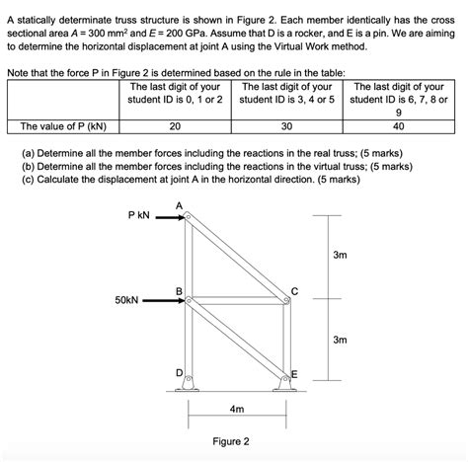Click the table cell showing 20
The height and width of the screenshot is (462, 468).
pyautogui.click(x=174, y=126)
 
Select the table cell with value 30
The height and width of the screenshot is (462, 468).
pyautogui.click(x=286, y=126)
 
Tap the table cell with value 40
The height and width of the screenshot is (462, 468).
pyautogui.click(x=398, y=126)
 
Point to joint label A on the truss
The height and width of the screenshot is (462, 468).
pyautogui.click(x=179, y=204)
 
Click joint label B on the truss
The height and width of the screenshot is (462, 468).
pyautogui.click(x=179, y=290)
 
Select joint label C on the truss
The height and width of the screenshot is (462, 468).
pyautogui.click(x=294, y=290)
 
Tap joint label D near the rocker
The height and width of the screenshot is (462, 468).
pyautogui.click(x=179, y=372)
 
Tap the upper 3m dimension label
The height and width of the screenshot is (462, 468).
pyautogui.click(x=340, y=256)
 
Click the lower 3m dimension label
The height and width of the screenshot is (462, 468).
pyautogui.click(x=340, y=340)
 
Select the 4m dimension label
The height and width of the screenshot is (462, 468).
pyautogui.click(x=236, y=407)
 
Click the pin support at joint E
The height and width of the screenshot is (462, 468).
pyautogui.click(x=285, y=387)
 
